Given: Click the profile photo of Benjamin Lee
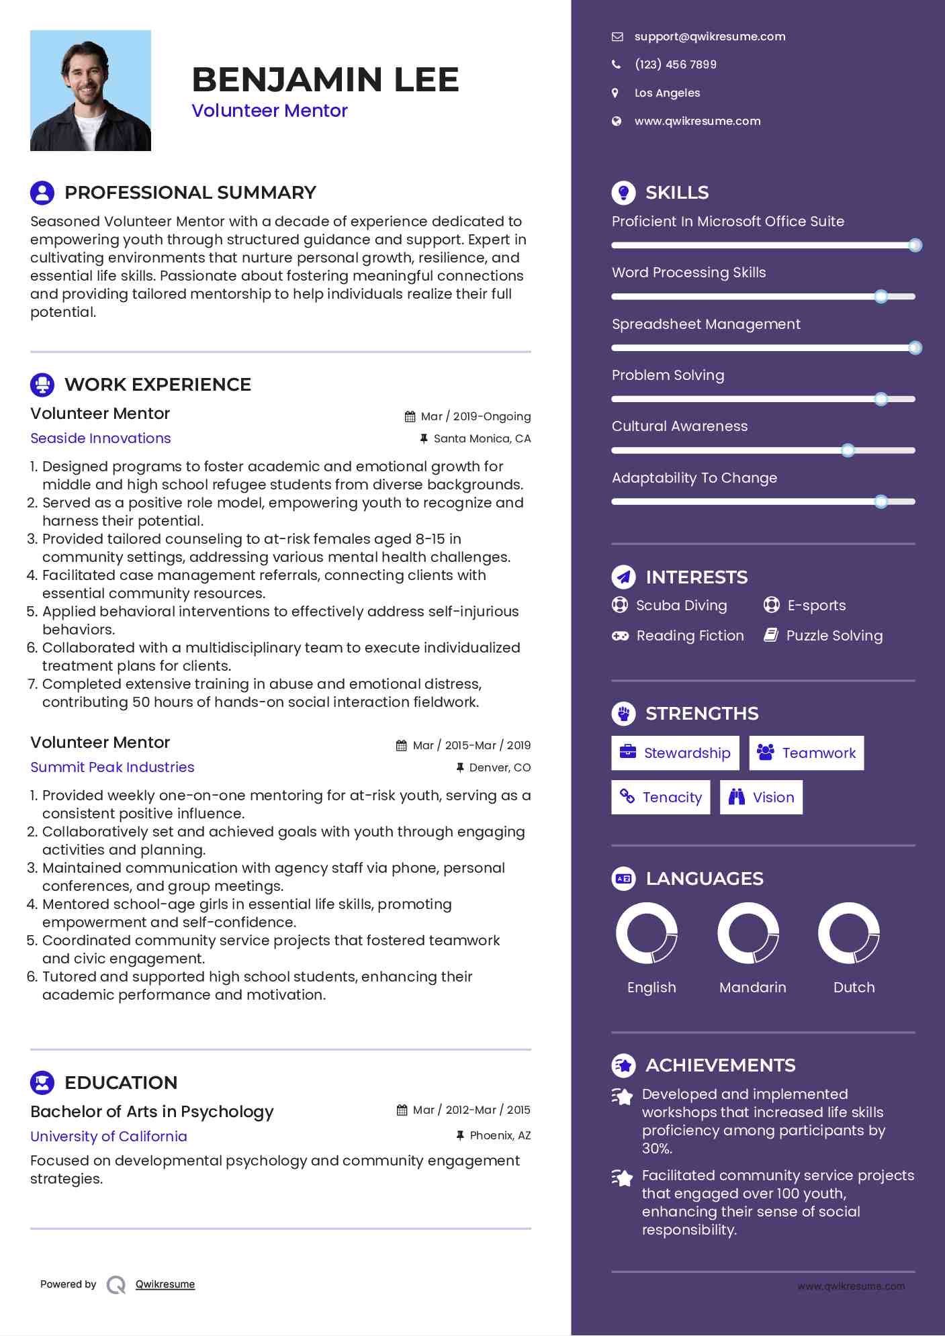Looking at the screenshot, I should pyautogui.click(x=91, y=91).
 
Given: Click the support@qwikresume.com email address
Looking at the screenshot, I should pyautogui.click(x=709, y=36).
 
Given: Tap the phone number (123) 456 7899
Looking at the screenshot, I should pyautogui.click(x=675, y=64).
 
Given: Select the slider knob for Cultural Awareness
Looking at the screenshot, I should pyautogui.click(x=848, y=450).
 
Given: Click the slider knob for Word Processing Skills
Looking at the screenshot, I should pyautogui.click(x=881, y=296).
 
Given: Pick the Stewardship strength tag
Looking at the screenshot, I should pyautogui.click(x=675, y=753).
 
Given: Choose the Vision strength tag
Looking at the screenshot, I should pyautogui.click(x=761, y=797).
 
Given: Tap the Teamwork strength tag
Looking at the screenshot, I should pyautogui.click(x=806, y=753).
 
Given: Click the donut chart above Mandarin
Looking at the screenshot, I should pyautogui.click(x=748, y=933).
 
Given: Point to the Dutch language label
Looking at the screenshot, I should pyautogui.click(x=854, y=987).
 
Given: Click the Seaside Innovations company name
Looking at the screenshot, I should pyautogui.click(x=101, y=438).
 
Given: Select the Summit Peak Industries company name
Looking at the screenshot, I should pyautogui.click(x=112, y=767).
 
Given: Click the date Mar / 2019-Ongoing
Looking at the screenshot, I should pyautogui.click(x=475, y=416).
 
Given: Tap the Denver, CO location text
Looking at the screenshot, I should pyautogui.click(x=500, y=767).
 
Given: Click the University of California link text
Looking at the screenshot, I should pyautogui.click(x=109, y=1136).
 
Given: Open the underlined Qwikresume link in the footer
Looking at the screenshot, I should pyautogui.click(x=165, y=1284).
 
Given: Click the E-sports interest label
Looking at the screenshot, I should pyautogui.click(x=816, y=605).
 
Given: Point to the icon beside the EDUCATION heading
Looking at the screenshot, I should pyautogui.click(x=42, y=1082).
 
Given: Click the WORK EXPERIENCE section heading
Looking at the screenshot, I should pyautogui.click(x=157, y=384).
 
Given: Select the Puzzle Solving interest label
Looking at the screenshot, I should pyautogui.click(x=834, y=635).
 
